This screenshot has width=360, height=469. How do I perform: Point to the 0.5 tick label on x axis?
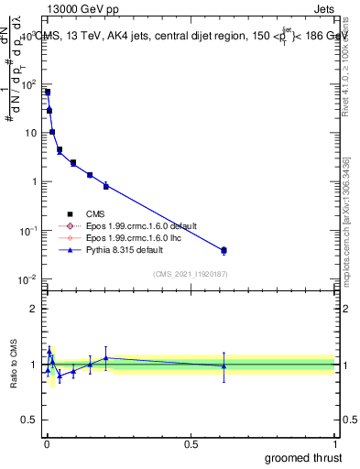(x=191, y=443)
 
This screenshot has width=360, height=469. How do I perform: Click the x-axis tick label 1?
(x=335, y=443)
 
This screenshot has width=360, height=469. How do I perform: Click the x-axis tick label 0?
(x=46, y=443)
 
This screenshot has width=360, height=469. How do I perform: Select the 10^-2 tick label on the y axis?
(x=28, y=278)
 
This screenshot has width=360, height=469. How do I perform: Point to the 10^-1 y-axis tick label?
(x=28, y=230)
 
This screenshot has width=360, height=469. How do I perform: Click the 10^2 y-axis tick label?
(x=28, y=84)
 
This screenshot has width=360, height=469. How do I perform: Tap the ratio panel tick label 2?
(x=34, y=309)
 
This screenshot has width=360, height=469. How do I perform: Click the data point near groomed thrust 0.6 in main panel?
(x=224, y=250)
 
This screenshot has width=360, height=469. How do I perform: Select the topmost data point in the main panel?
(x=48, y=92)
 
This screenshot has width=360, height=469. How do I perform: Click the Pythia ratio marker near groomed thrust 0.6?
(x=224, y=366)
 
